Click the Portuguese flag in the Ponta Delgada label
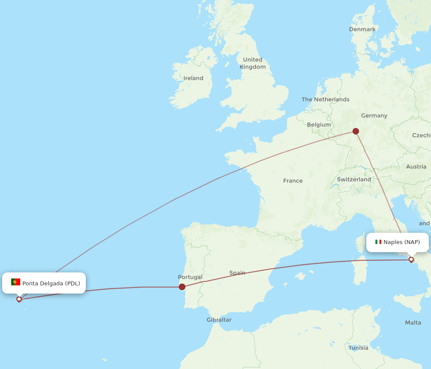coord(16,282)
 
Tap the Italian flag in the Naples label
coord(378,242)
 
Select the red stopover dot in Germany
coord(356,131)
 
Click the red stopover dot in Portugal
coord(182,287)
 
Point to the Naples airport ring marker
coord(411,260)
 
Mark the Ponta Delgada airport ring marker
coord(19,299)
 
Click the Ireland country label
coord(193,78)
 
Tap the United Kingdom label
coord(253,63)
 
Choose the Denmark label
coord(362,29)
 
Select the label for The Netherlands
coord(325,99)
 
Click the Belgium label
coord(319,125)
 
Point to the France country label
coord(293,181)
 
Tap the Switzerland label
coord(354,179)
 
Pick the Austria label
coord(416,166)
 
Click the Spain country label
coord(237,272)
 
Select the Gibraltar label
coord(219,320)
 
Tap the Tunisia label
coord(358,347)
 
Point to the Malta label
coord(413,322)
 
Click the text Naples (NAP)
coord(402,242)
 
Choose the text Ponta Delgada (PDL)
coord(51,283)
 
